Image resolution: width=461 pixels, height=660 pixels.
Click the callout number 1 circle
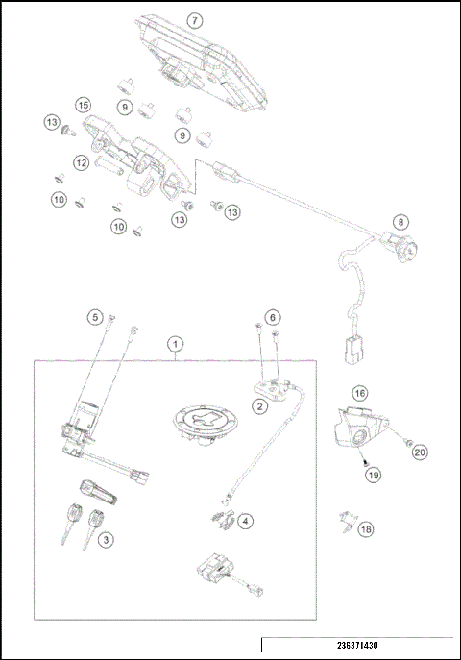(x=176, y=342)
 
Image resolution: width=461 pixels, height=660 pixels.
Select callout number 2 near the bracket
(x=260, y=406)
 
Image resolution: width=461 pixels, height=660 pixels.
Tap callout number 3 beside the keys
(x=106, y=541)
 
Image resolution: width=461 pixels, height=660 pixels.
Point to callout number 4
(x=247, y=521)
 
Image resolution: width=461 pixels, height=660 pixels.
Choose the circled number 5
(x=94, y=316)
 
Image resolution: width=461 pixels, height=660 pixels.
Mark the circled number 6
(x=273, y=316)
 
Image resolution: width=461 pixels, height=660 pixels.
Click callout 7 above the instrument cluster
(x=195, y=20)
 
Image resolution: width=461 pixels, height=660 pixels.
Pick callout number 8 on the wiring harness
(x=400, y=221)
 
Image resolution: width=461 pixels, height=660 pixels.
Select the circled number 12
(x=83, y=163)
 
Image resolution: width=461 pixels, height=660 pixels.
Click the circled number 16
(x=359, y=393)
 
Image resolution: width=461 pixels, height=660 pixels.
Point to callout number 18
(x=365, y=528)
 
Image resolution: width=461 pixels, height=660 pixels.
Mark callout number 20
(x=420, y=449)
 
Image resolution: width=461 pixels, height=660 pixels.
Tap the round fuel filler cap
(x=203, y=423)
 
